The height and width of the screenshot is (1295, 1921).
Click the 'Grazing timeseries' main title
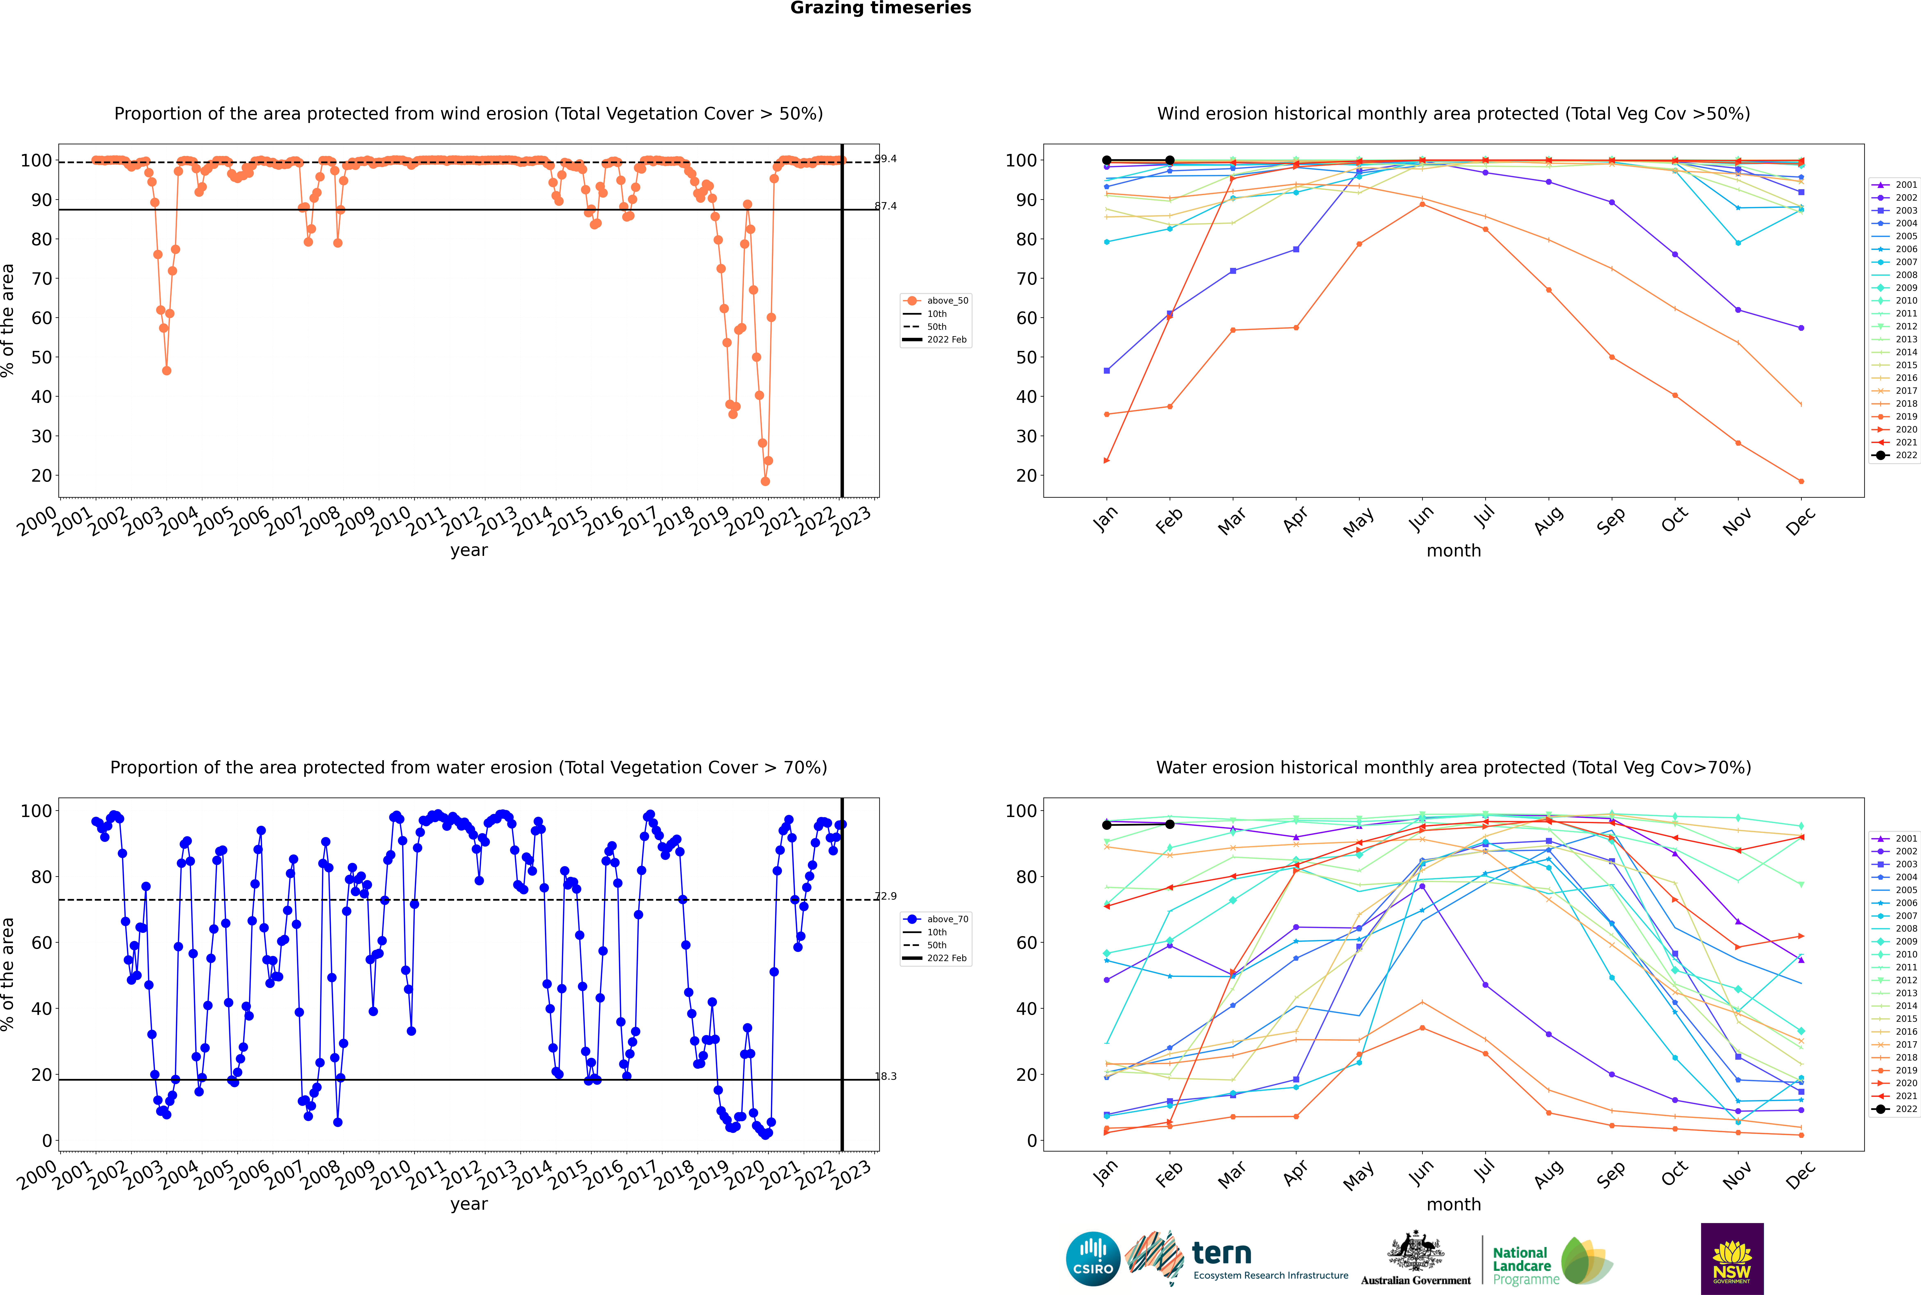pos(880,8)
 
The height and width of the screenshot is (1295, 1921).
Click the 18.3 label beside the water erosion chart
pos(885,1076)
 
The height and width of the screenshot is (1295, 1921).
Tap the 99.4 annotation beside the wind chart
pos(885,159)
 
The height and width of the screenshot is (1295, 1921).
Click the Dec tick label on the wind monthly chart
pos(1800,522)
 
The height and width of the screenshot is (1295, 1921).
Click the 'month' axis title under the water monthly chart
pos(1454,1204)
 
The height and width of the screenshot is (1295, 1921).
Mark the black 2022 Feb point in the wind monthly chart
pos(1169,160)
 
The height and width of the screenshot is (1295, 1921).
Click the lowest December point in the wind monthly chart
pos(1801,481)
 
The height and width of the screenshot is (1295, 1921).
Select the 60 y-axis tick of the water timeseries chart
pos(41,942)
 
